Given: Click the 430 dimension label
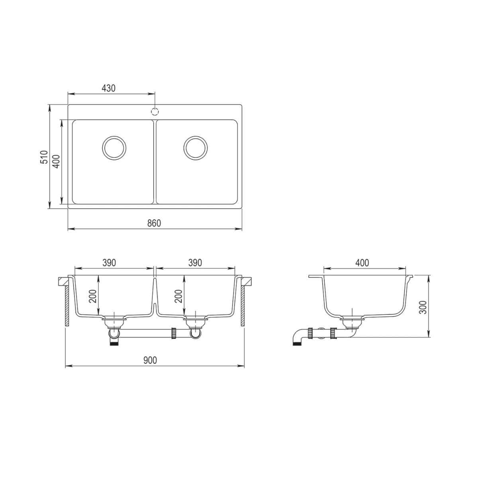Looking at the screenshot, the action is [109, 88].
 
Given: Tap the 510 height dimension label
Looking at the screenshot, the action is [44, 157].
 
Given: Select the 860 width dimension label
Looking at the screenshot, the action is [154, 223].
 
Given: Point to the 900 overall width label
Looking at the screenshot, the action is [150, 360].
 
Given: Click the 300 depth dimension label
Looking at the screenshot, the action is [423, 308].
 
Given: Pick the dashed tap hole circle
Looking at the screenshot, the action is [155, 112].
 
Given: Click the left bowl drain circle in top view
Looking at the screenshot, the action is [114, 148].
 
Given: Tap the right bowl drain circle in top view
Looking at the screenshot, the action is [196, 148].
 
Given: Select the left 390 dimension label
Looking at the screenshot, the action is [109, 263].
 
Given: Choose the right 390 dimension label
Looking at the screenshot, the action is [195, 263].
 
